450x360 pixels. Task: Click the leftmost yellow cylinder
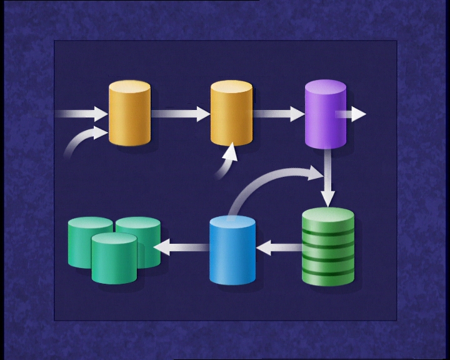tap(130, 114)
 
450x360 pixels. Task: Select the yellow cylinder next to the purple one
tap(231, 114)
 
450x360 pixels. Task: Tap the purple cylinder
tap(326, 114)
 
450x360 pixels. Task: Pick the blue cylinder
tap(232, 250)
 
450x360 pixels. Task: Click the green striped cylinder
tap(328, 247)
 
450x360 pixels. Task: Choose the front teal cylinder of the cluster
tap(114, 259)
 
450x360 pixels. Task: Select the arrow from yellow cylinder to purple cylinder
tap(279, 114)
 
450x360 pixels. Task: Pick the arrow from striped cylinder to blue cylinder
tap(279, 248)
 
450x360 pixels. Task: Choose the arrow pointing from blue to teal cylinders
tap(181, 247)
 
